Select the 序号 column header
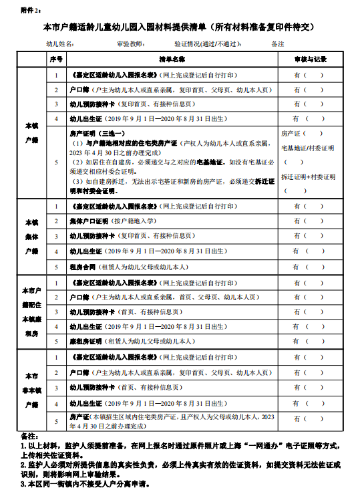(56, 59)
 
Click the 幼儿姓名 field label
(60, 44)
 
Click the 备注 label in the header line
(278, 44)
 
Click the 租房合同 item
(83, 267)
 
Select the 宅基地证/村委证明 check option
(308, 148)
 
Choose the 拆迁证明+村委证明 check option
(308, 177)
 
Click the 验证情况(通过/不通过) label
(208, 44)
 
